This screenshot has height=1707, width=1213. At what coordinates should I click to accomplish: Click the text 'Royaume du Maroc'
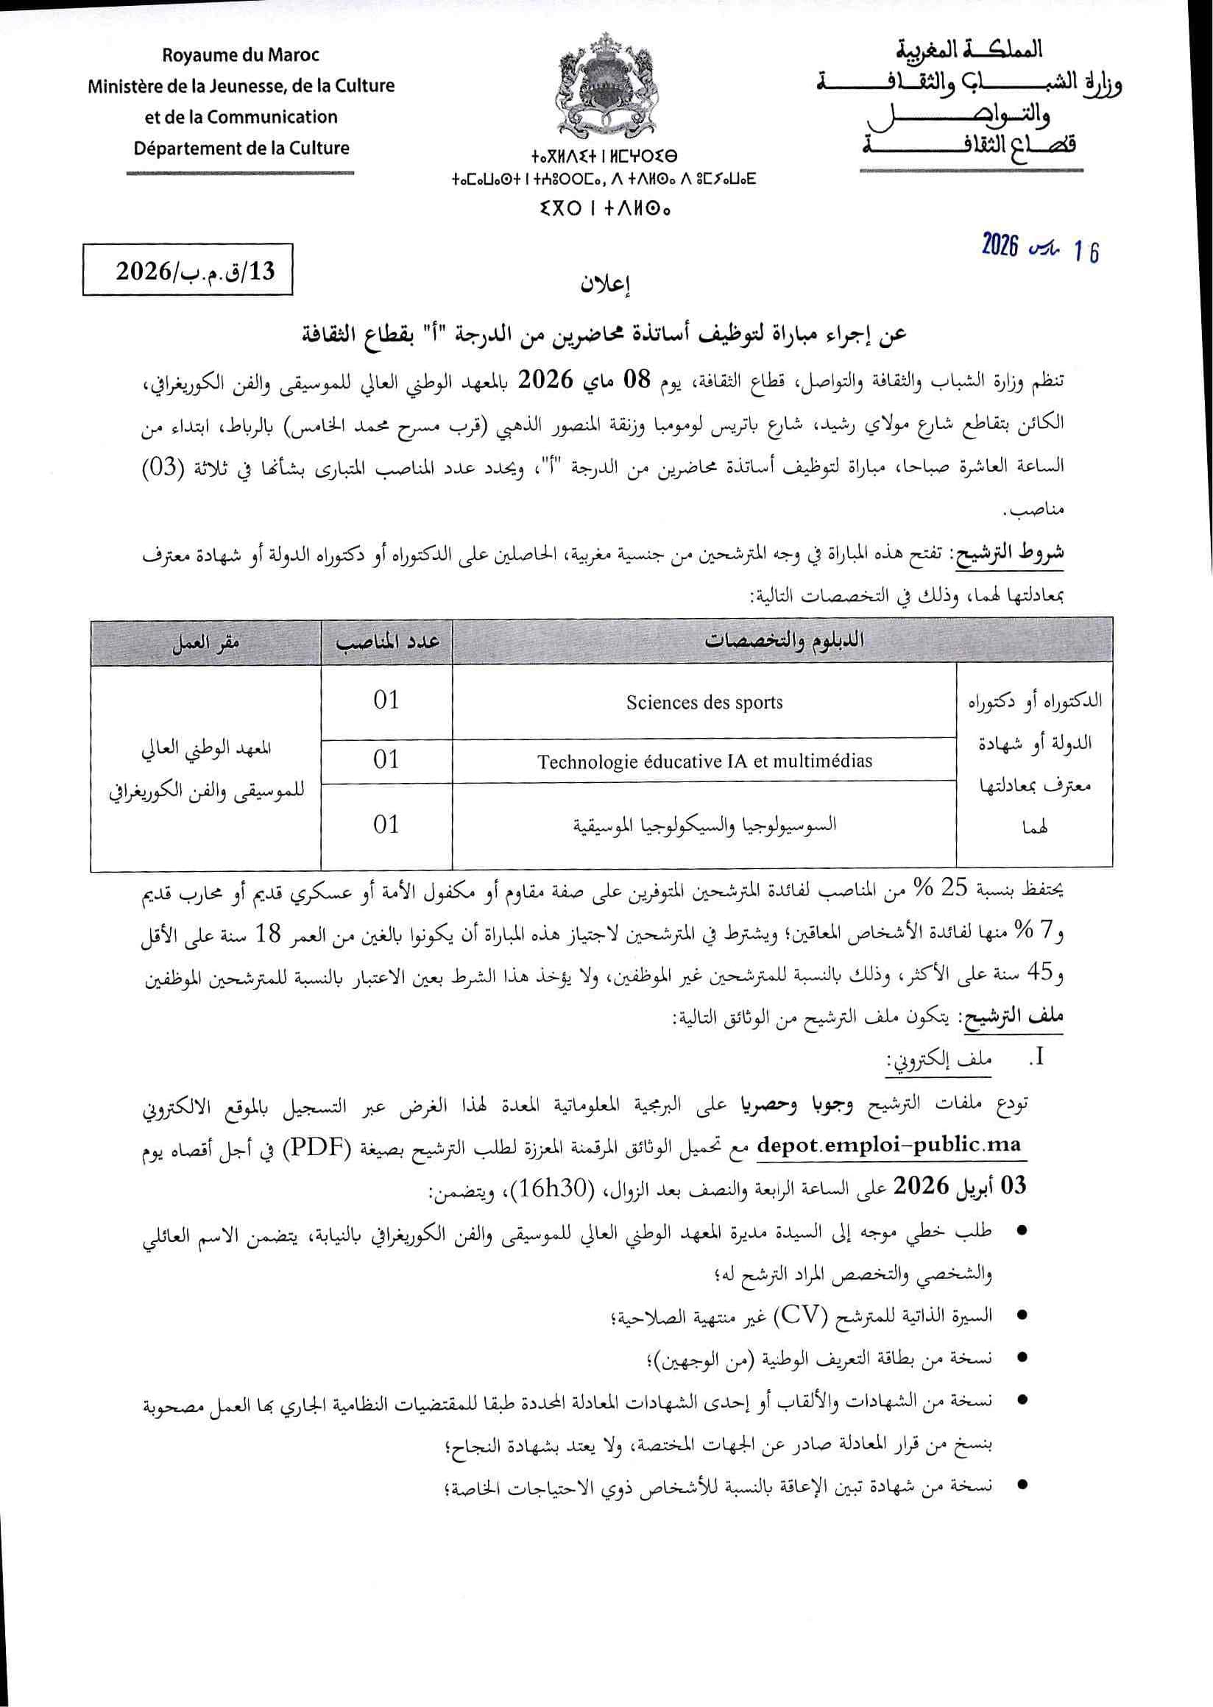coord(241,54)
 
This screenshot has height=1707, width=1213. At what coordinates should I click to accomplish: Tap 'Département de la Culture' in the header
coord(241,148)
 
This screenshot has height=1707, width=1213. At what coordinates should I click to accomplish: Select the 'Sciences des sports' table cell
coord(704,702)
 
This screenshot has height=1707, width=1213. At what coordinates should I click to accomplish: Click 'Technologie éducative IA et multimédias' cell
coord(704,762)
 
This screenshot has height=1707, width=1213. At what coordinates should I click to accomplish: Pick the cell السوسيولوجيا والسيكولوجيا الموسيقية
coord(704,824)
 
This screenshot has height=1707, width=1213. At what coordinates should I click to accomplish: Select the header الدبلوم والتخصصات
coord(782,641)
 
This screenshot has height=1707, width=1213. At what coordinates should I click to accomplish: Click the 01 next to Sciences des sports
coord(386,700)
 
